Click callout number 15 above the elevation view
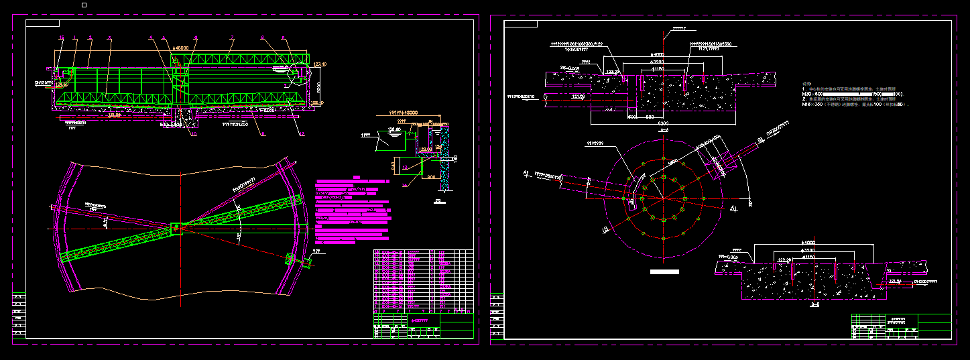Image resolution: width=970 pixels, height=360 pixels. (62, 37)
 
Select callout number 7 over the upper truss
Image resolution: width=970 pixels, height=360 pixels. (231, 37)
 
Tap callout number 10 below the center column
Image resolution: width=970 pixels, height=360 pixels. (194, 134)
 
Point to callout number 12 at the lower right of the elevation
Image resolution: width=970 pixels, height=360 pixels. (302, 134)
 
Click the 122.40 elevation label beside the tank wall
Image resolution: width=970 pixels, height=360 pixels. (320, 64)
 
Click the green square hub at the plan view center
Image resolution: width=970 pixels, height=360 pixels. (177, 228)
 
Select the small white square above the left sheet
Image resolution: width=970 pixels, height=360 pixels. (84, 5)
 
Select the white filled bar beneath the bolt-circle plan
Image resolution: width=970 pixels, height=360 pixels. (664, 272)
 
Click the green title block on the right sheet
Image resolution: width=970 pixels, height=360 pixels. (901, 326)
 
